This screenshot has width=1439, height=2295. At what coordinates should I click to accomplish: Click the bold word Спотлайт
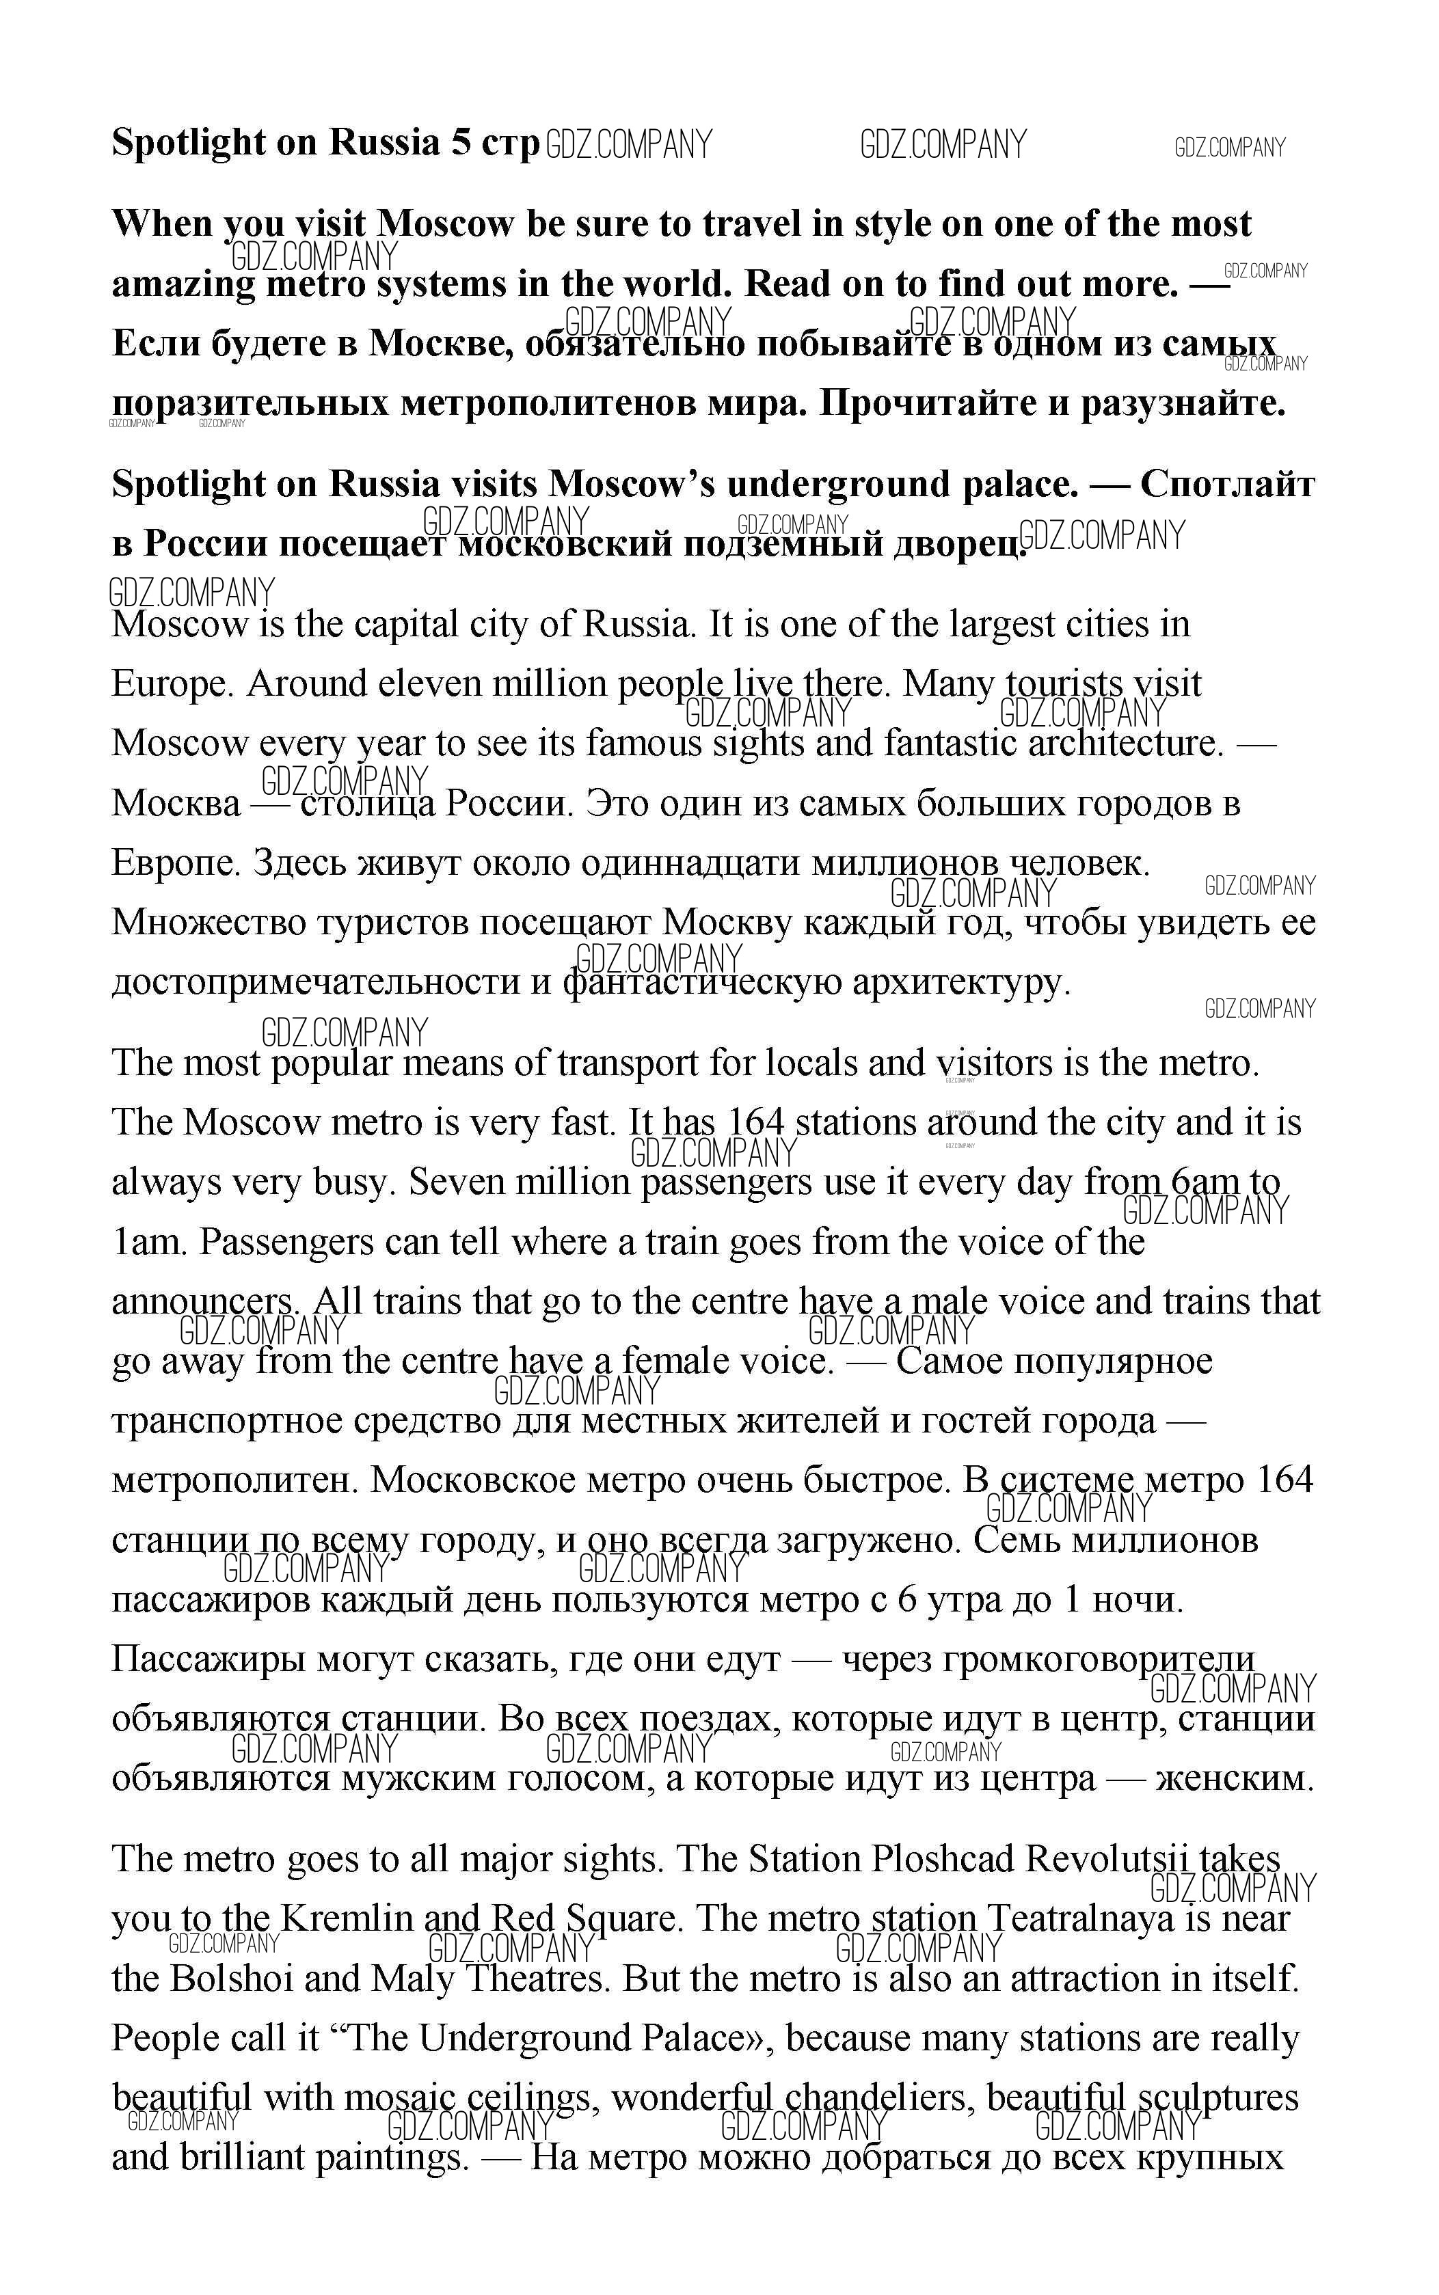pos(1227,485)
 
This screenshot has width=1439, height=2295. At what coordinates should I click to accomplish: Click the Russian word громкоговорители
pos(1099,1659)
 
